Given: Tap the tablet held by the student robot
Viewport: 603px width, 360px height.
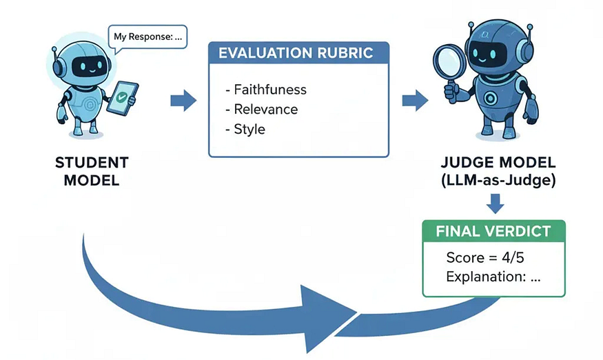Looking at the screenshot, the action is tap(122, 98).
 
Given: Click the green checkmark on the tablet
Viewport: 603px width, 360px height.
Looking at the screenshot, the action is tap(122, 97).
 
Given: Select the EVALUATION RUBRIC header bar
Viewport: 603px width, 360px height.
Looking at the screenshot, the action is tap(298, 52).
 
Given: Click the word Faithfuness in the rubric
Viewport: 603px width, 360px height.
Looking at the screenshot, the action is tap(270, 90).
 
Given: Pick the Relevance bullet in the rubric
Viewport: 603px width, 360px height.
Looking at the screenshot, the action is tap(261, 110).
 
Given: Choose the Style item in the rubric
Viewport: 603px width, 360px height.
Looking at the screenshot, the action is tap(245, 130).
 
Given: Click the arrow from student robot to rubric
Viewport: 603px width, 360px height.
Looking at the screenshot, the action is tap(183, 101).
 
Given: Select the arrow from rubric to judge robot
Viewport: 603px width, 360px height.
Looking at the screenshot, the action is tap(415, 101).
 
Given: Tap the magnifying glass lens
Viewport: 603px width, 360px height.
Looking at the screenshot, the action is tap(449, 62).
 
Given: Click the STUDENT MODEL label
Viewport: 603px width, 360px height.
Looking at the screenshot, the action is tap(92, 171).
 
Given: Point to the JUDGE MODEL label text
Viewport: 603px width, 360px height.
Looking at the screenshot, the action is tap(498, 163).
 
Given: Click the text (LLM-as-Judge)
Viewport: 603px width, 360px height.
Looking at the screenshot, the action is tap(498, 180).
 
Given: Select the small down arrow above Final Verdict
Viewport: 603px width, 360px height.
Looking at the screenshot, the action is tap(495, 203).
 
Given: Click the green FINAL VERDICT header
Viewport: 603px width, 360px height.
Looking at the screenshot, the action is tap(494, 231).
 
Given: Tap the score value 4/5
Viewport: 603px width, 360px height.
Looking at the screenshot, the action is tap(513, 257).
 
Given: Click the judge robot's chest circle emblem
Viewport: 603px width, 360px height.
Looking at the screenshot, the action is tap(490, 98).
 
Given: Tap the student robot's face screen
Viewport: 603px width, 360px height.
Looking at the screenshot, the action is tap(88, 66).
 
